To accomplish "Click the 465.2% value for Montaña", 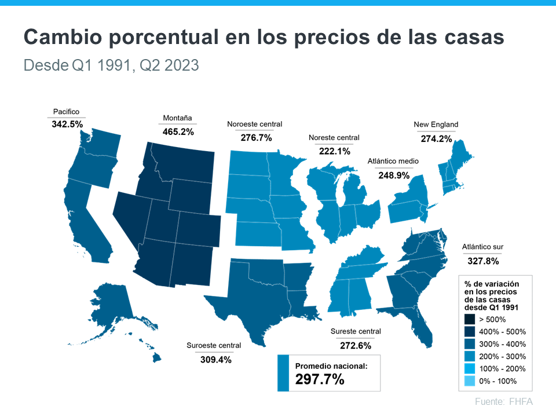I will [178, 131].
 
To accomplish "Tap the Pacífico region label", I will [66, 111].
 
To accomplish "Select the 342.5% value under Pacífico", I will [66, 124].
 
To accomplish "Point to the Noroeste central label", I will [255, 124].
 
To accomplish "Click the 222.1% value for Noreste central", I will [334, 151].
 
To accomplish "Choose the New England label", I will [436, 125].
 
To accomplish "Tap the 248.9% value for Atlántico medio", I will [393, 174].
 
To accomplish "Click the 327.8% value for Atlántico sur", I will [482, 261].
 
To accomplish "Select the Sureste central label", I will [356, 331].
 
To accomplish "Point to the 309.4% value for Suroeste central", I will [213, 359].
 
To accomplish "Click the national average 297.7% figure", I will [320, 379].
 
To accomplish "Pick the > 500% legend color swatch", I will [469, 319].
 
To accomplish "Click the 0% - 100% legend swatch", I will [469, 381].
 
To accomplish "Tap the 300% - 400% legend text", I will [502, 344].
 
